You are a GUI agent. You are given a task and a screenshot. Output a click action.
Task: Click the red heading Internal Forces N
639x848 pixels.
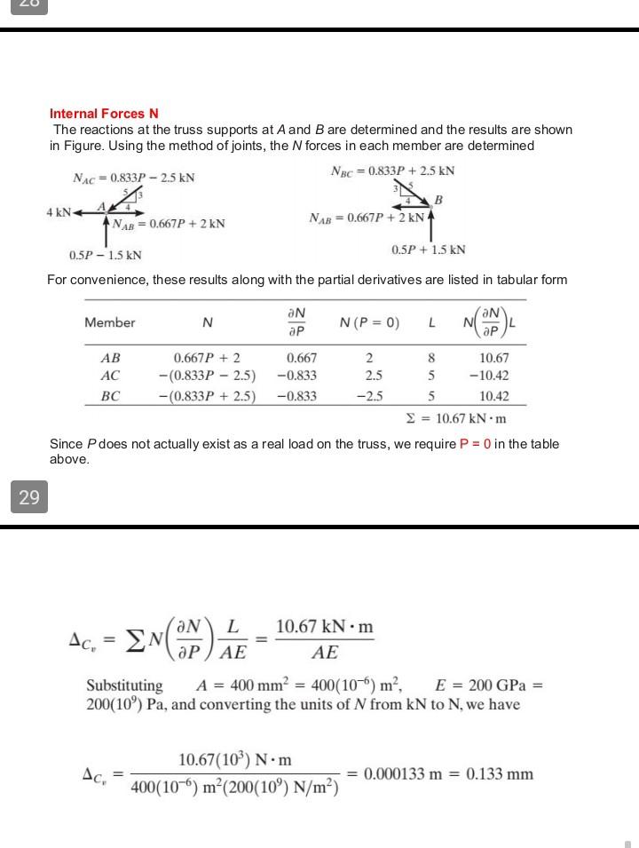click(x=104, y=114)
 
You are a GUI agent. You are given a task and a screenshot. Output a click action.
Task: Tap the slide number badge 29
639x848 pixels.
click(x=29, y=497)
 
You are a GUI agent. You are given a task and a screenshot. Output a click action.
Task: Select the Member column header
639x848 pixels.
click(x=110, y=322)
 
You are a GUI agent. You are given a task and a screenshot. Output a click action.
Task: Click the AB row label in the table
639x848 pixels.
click(x=110, y=358)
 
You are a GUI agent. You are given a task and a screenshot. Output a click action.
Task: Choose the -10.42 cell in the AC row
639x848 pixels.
click(x=493, y=376)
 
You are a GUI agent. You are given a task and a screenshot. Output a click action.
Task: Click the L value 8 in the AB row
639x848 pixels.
click(x=431, y=358)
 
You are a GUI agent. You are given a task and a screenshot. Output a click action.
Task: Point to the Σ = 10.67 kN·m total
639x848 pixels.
click(x=455, y=417)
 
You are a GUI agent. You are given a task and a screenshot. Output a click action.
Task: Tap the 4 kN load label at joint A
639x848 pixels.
click(x=59, y=211)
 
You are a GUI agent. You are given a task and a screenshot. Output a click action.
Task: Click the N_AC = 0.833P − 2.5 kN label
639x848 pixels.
click(x=133, y=178)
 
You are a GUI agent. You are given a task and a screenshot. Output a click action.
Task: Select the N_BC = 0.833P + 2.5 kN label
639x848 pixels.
click(x=392, y=170)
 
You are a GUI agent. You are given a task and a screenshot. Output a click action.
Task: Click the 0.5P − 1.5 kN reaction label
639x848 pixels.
click(x=105, y=255)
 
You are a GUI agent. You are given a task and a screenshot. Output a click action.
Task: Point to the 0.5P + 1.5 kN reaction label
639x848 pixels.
click(x=428, y=250)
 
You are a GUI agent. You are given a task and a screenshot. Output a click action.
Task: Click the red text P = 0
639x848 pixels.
click(x=476, y=444)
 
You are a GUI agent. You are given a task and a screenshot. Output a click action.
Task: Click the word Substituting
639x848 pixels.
click(x=124, y=686)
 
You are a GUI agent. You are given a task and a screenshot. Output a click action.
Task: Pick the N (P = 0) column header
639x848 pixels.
click(x=369, y=322)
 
